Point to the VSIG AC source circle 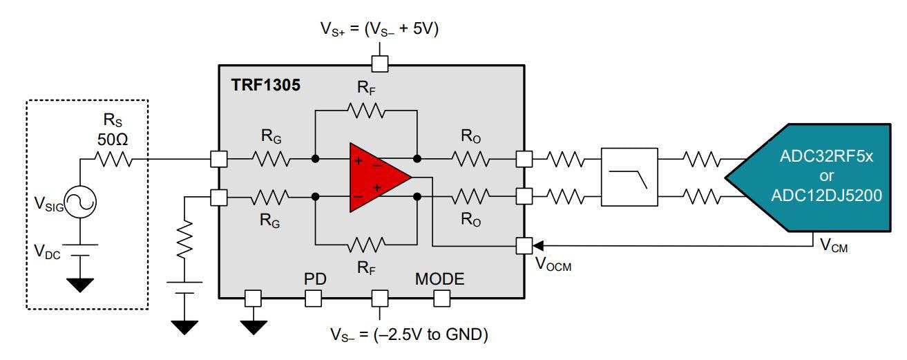80,202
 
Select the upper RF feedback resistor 366,109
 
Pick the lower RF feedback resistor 366,245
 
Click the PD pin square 314,299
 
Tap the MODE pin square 441,299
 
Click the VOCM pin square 524,245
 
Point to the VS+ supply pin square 379,64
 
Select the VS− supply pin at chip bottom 379,299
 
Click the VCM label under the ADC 834,245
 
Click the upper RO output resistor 471,159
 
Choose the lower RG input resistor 271,198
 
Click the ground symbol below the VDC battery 80,284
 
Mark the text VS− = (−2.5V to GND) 409,335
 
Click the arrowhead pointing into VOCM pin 537,245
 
